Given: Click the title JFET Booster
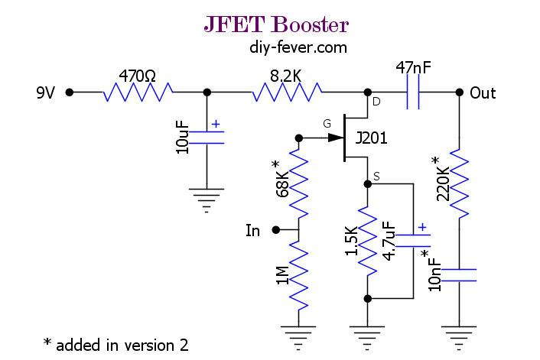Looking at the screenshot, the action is coord(276,24).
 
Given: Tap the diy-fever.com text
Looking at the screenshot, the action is coord(298,47).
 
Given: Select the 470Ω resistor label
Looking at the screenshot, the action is coord(138,76).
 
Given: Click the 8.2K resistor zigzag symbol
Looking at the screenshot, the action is coord(288,92).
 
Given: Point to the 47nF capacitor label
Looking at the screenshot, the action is coord(413,67).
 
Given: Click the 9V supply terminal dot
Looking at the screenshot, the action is coord(70,92).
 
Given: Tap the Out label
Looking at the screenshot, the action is coord(483,93).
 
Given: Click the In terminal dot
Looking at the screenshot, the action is coord(276,229).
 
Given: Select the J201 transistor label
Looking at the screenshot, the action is coord(371,138).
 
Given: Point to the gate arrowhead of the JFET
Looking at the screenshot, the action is coord(336,138).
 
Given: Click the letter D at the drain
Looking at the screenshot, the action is coord(376,102).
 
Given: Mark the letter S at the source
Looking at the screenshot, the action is coord(376,177).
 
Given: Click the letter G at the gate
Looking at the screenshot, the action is coord(327,124).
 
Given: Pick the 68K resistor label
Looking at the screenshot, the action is coord(282,184).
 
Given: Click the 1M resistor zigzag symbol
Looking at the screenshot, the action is coord(298,275).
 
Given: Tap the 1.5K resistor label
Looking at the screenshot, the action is coord(351,241).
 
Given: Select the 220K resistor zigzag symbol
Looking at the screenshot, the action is coord(459,183).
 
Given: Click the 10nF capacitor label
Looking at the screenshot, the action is coord(434,274).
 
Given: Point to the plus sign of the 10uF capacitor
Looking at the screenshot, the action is coord(216,124).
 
